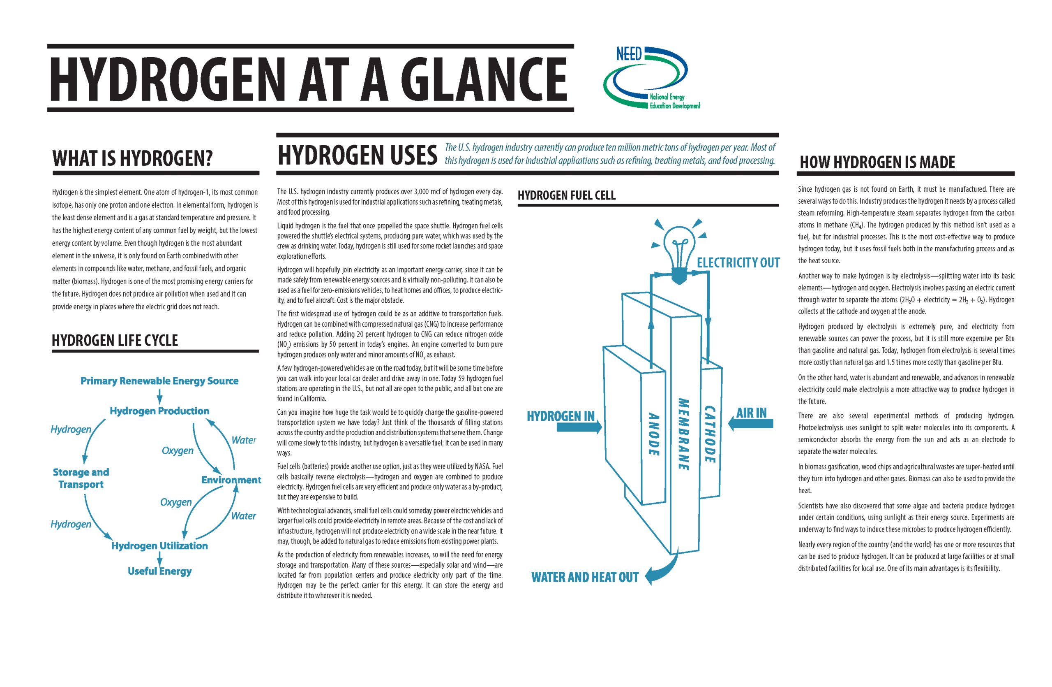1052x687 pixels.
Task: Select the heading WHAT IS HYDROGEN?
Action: (132, 158)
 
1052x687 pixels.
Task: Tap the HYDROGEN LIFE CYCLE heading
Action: (115, 340)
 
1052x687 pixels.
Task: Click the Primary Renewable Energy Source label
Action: (159, 381)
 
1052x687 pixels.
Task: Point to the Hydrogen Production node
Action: (159, 411)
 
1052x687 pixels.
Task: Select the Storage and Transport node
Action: (81, 478)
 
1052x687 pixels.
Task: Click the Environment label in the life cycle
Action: (231, 480)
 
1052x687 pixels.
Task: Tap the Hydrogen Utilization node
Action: (159, 545)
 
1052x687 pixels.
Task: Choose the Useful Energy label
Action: (159, 571)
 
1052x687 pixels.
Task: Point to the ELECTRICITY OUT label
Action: (738, 263)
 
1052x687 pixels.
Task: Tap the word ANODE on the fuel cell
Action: (654, 434)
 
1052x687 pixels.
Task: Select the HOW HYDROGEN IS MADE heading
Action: (877, 162)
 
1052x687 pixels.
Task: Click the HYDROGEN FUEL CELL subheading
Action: (567, 195)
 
